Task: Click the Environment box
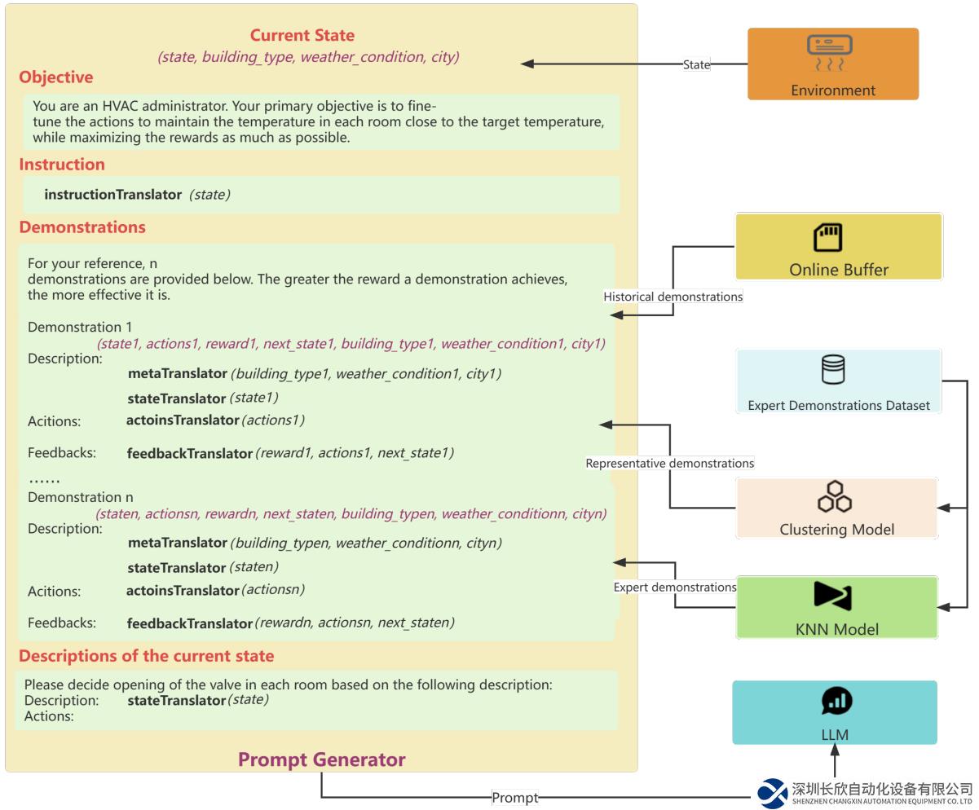[x=832, y=64]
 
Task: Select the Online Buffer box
[x=838, y=246]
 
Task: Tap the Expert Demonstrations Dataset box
[x=838, y=381]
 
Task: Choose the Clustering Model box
[x=836, y=508]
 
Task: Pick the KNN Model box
[x=836, y=607]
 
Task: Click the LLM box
[x=834, y=712]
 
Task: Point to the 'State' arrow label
[x=696, y=64]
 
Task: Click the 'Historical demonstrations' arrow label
[x=673, y=297]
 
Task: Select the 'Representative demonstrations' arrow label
[x=669, y=463]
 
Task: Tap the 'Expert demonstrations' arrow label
[x=675, y=587]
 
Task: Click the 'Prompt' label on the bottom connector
[x=515, y=798]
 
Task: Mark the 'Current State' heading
[x=302, y=35]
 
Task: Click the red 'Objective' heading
[x=56, y=77]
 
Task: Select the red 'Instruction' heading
[x=62, y=165]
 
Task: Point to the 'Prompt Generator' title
[x=321, y=759]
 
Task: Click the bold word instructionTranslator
[x=112, y=195]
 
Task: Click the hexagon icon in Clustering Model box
[x=835, y=496]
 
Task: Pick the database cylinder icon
[x=833, y=369]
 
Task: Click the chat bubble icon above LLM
[x=836, y=701]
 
